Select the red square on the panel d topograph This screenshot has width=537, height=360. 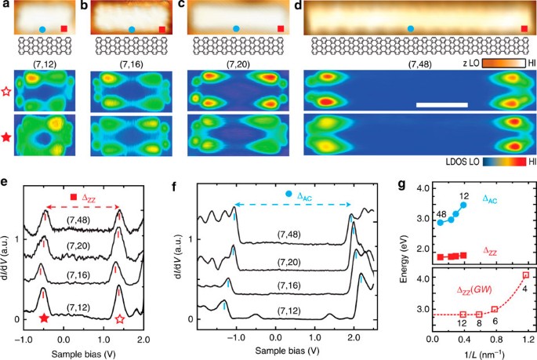(x=524, y=29)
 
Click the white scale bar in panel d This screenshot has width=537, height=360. (x=445, y=104)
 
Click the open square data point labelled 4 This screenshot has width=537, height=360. (x=525, y=275)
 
